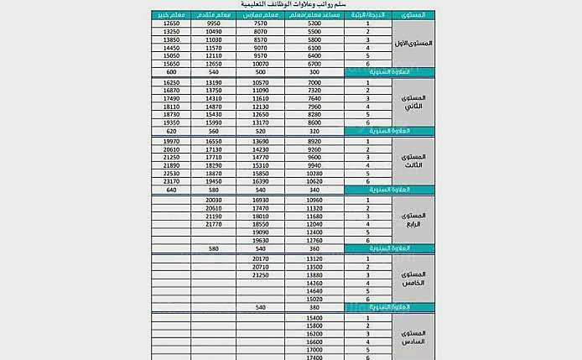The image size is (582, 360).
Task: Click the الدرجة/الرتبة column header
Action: pos(368,15)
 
